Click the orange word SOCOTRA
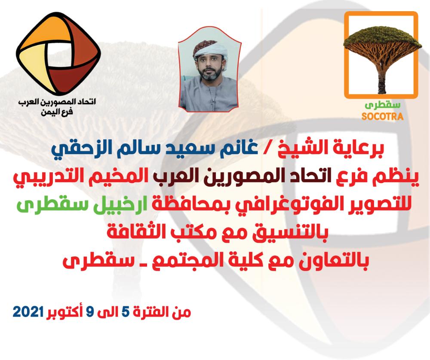click(382, 116)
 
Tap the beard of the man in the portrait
click(209, 74)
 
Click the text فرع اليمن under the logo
click(57, 112)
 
